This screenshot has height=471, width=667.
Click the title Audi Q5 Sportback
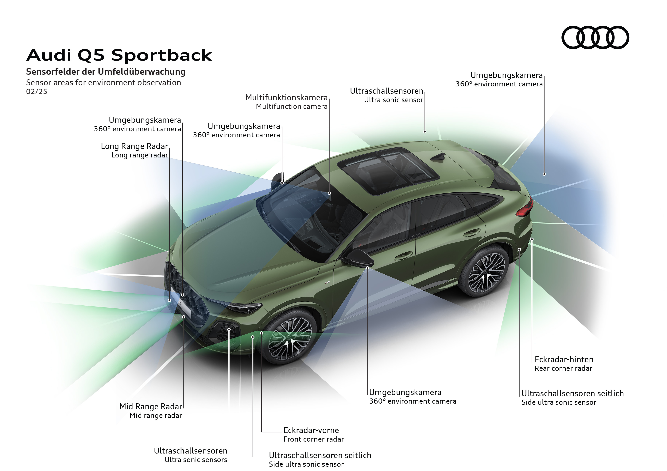pyautogui.click(x=119, y=55)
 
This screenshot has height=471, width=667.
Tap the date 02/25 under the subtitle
pyautogui.click(x=37, y=92)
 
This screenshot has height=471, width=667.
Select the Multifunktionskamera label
pyautogui.click(x=286, y=97)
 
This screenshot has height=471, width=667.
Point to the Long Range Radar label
pyautogui.click(x=134, y=146)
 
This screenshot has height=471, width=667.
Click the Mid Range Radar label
pyautogui.click(x=151, y=406)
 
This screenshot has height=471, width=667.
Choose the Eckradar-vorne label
pyautogui.click(x=311, y=430)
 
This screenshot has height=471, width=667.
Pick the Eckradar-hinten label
pyautogui.click(x=564, y=359)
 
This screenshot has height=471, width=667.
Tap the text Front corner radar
pyautogui.click(x=313, y=439)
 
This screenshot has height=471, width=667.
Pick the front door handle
pyautogui.click(x=404, y=255)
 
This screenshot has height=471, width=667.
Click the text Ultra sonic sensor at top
pyautogui.click(x=394, y=100)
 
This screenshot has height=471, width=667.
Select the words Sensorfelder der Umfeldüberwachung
pyautogui.click(x=106, y=72)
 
